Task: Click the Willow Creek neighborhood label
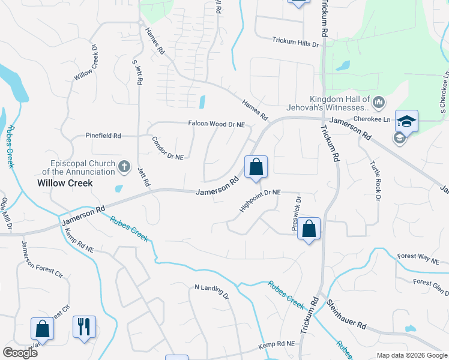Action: pos(65,183)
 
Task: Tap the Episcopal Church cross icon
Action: pos(124,166)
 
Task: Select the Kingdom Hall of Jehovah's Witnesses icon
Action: pos(378,103)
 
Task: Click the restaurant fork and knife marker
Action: pos(84,327)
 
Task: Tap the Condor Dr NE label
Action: pos(167,148)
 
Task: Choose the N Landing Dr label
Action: pos(212,291)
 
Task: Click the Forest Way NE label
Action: pos(418,258)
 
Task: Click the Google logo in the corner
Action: pos(20,352)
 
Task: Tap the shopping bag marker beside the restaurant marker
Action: pos(42,328)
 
